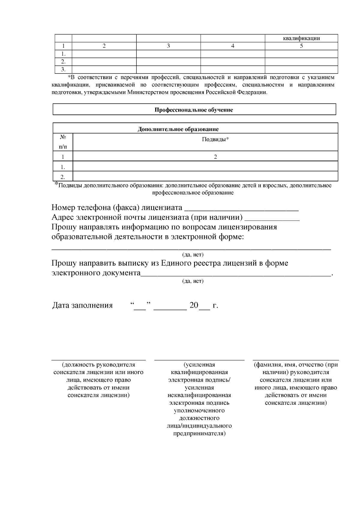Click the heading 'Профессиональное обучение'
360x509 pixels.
pos(194,110)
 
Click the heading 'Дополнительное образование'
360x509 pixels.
pos(178,129)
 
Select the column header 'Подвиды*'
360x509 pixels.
pos(215,139)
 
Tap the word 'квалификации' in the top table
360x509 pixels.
pos(301,38)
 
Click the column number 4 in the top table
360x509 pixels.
pos(232,46)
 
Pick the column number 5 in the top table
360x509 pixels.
pos(301,46)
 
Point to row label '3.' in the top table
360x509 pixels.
pos(63,70)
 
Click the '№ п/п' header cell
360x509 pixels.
pos(63,142)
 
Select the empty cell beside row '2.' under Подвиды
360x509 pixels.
pos(205,176)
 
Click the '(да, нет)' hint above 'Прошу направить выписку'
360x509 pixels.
pos(193,255)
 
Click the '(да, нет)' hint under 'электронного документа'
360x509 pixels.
pos(193,281)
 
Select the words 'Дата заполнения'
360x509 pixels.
pos(82,305)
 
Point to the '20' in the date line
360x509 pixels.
pos(194,305)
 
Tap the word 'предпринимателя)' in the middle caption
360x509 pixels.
pos(199,433)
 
